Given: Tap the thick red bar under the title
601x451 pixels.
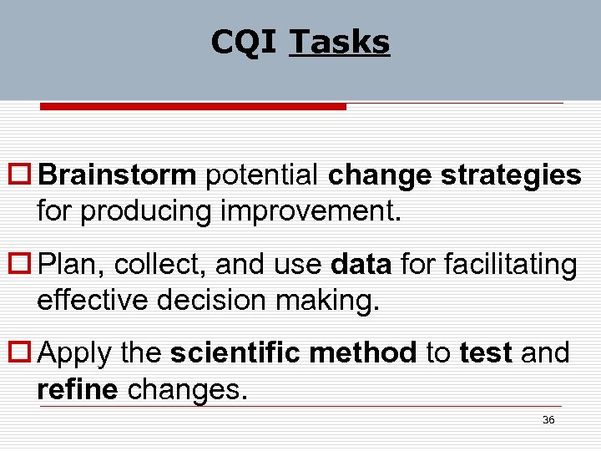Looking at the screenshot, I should click(193, 107).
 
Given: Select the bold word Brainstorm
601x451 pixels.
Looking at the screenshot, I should click(118, 175).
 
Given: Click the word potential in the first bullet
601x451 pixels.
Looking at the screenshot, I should click(262, 175).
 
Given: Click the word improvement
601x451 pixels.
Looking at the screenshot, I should click(311, 210).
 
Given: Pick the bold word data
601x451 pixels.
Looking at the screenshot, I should click(361, 265).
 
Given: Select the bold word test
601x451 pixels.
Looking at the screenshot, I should click(486, 353).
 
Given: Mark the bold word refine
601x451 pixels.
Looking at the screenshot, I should click(78, 388).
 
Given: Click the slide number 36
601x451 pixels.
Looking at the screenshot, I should click(548, 420).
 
